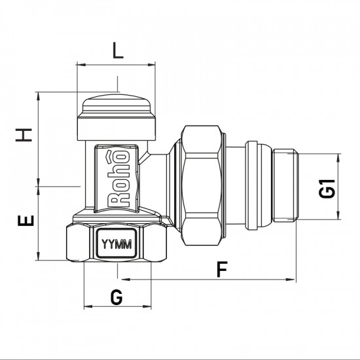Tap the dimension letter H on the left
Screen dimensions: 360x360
25,135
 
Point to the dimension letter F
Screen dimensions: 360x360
223,268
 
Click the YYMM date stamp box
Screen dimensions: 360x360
117,245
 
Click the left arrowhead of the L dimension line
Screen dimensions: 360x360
81,64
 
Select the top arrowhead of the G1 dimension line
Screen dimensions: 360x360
338,157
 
